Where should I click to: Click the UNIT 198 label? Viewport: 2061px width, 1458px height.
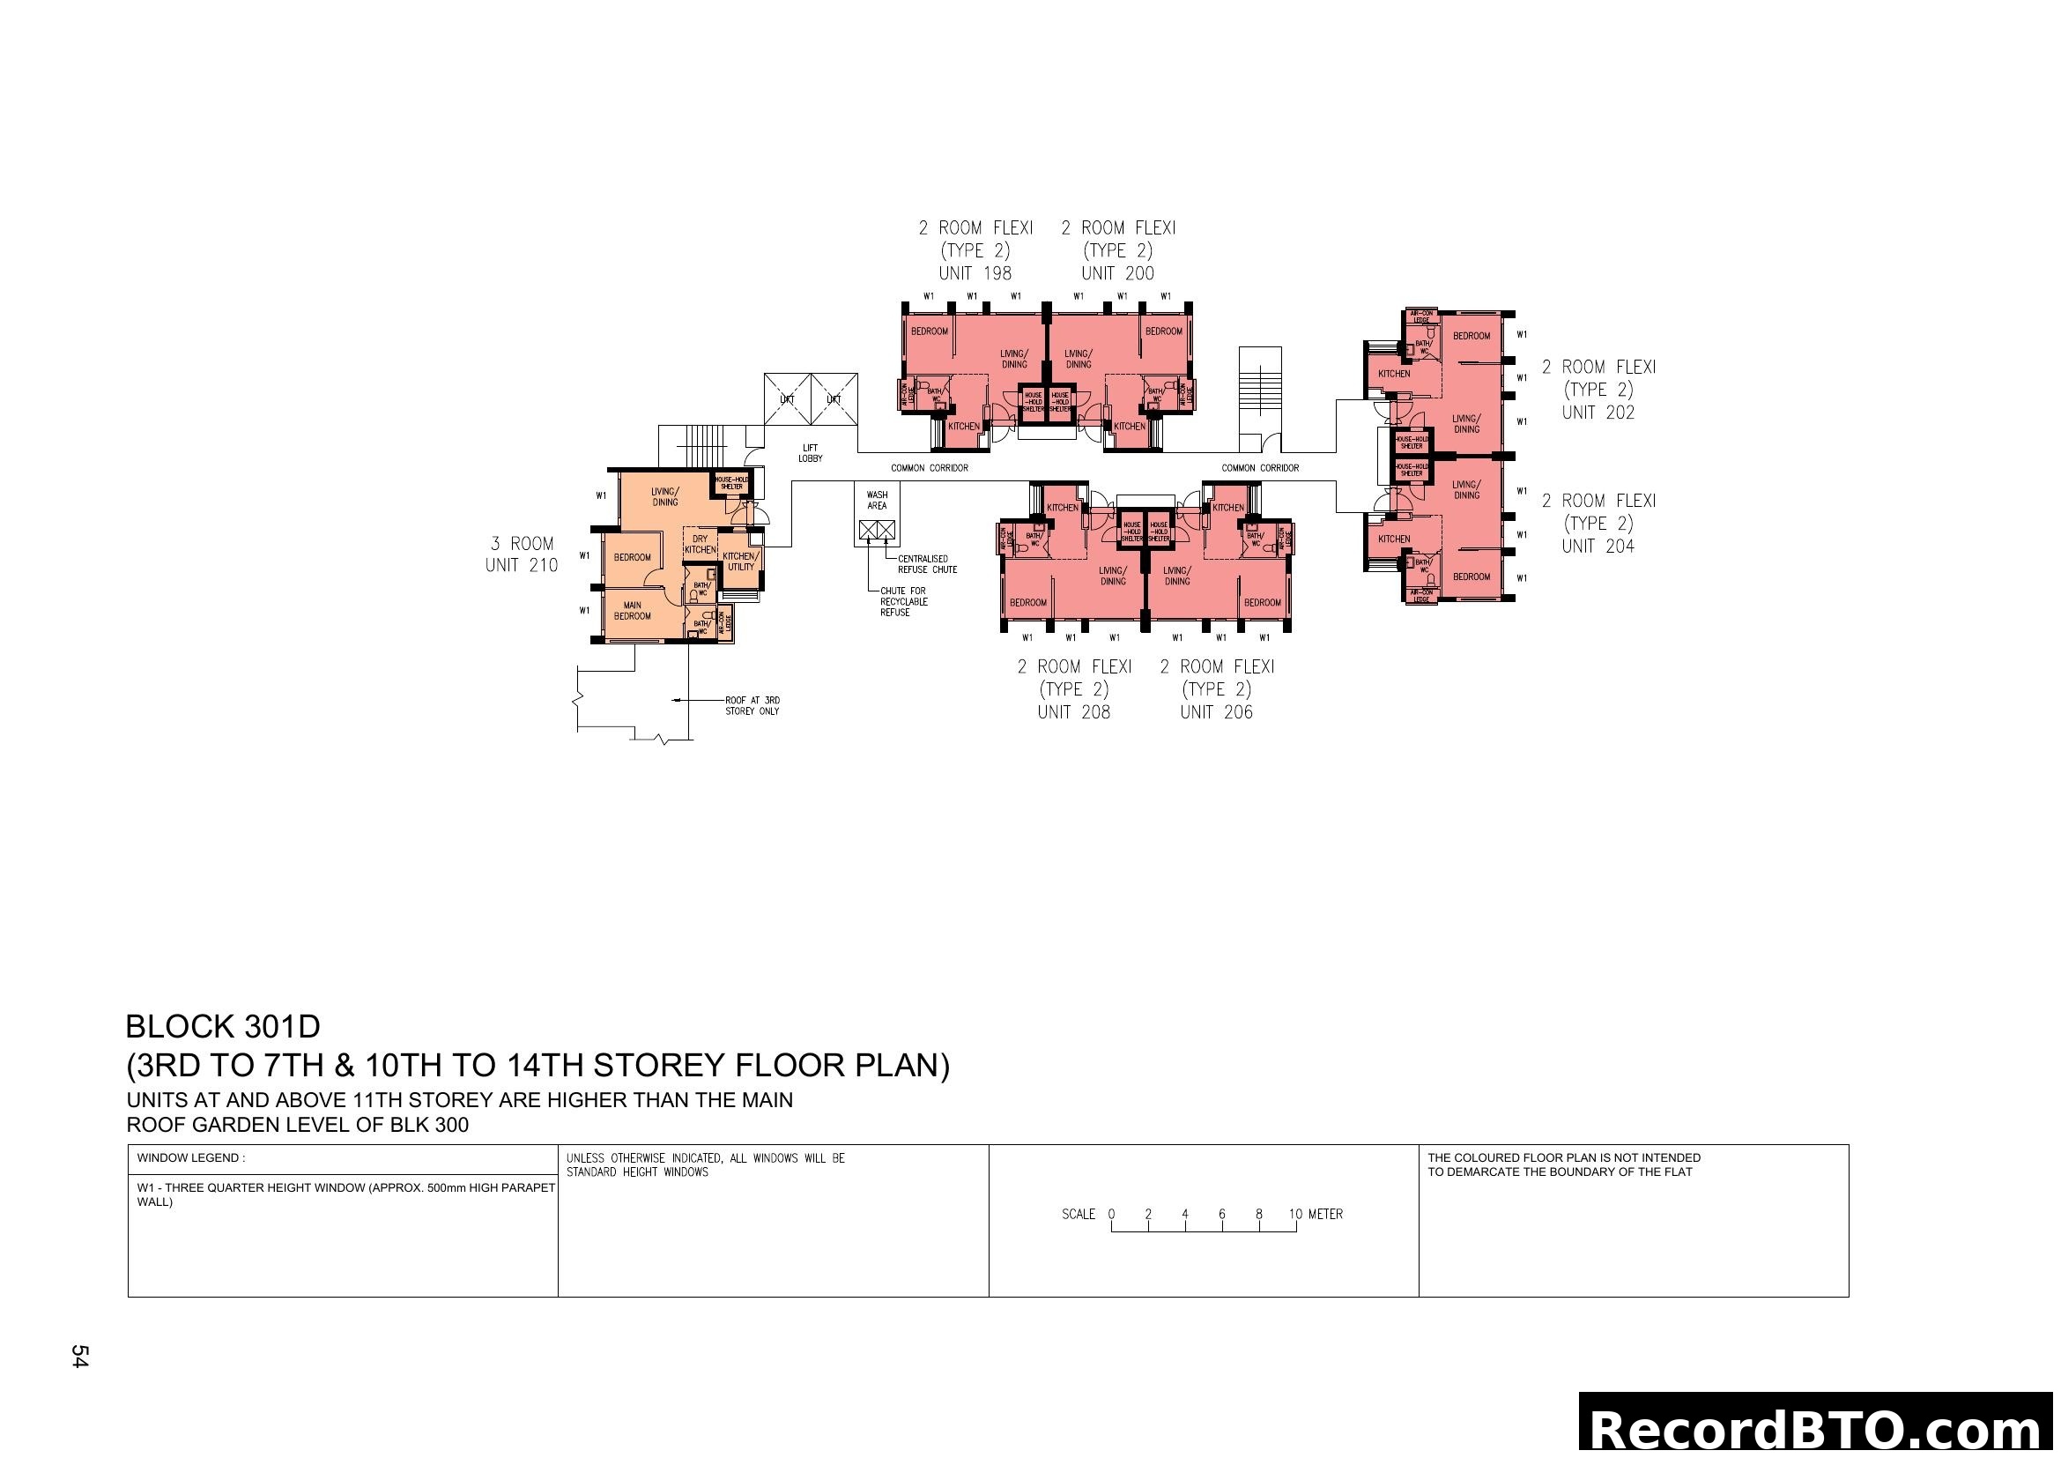(975, 273)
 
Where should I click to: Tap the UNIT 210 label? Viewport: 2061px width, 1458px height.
(522, 565)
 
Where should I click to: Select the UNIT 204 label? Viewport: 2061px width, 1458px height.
(1598, 546)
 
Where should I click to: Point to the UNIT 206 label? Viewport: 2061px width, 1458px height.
(1215, 712)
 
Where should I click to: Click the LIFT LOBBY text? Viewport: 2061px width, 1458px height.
(810, 452)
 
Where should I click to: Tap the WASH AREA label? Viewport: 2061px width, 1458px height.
(877, 500)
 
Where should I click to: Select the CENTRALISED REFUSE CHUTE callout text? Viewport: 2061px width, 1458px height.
(927, 564)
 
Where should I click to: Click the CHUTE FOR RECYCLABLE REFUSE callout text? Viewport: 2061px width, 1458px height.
(903, 601)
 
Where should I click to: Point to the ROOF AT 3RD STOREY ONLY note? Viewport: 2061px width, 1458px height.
(752, 706)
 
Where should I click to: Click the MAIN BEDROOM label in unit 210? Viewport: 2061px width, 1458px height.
(632, 611)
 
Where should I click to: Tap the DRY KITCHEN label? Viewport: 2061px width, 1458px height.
(701, 544)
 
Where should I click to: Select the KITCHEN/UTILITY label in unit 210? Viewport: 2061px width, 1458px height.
(740, 562)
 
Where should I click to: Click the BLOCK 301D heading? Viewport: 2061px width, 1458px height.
(223, 1026)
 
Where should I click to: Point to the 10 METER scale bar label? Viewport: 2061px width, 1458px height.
(1316, 1214)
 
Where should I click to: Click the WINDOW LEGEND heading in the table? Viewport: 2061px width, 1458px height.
(190, 1158)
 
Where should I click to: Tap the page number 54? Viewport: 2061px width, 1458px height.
(80, 1356)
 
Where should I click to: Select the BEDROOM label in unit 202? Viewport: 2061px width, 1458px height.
(1472, 336)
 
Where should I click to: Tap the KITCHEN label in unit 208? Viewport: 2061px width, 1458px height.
(1062, 507)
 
